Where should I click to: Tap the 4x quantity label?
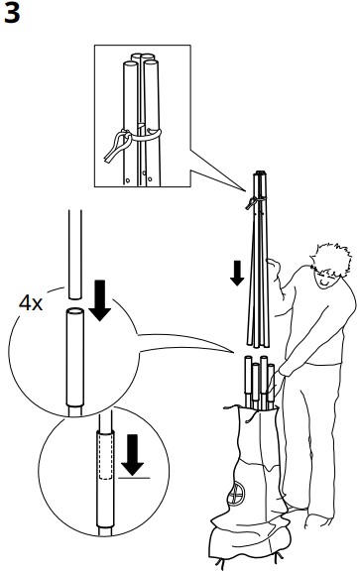(x=34, y=301)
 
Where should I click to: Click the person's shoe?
(x=317, y=519)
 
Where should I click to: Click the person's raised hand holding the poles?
(x=280, y=265)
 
